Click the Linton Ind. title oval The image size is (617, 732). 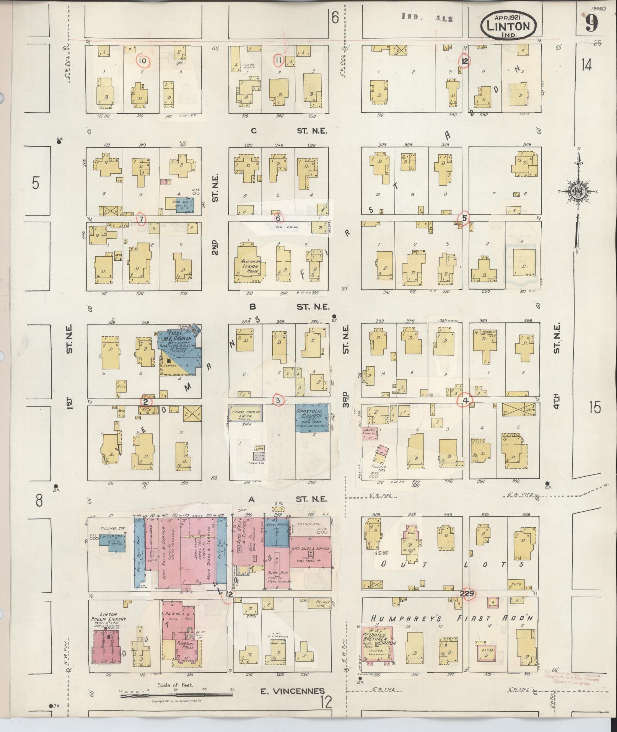pos(509,25)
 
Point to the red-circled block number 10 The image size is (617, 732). pos(143,60)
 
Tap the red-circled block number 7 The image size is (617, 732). pos(142,219)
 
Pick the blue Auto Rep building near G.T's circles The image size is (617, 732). pos(180,204)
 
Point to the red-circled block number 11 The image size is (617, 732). pos(278,60)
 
